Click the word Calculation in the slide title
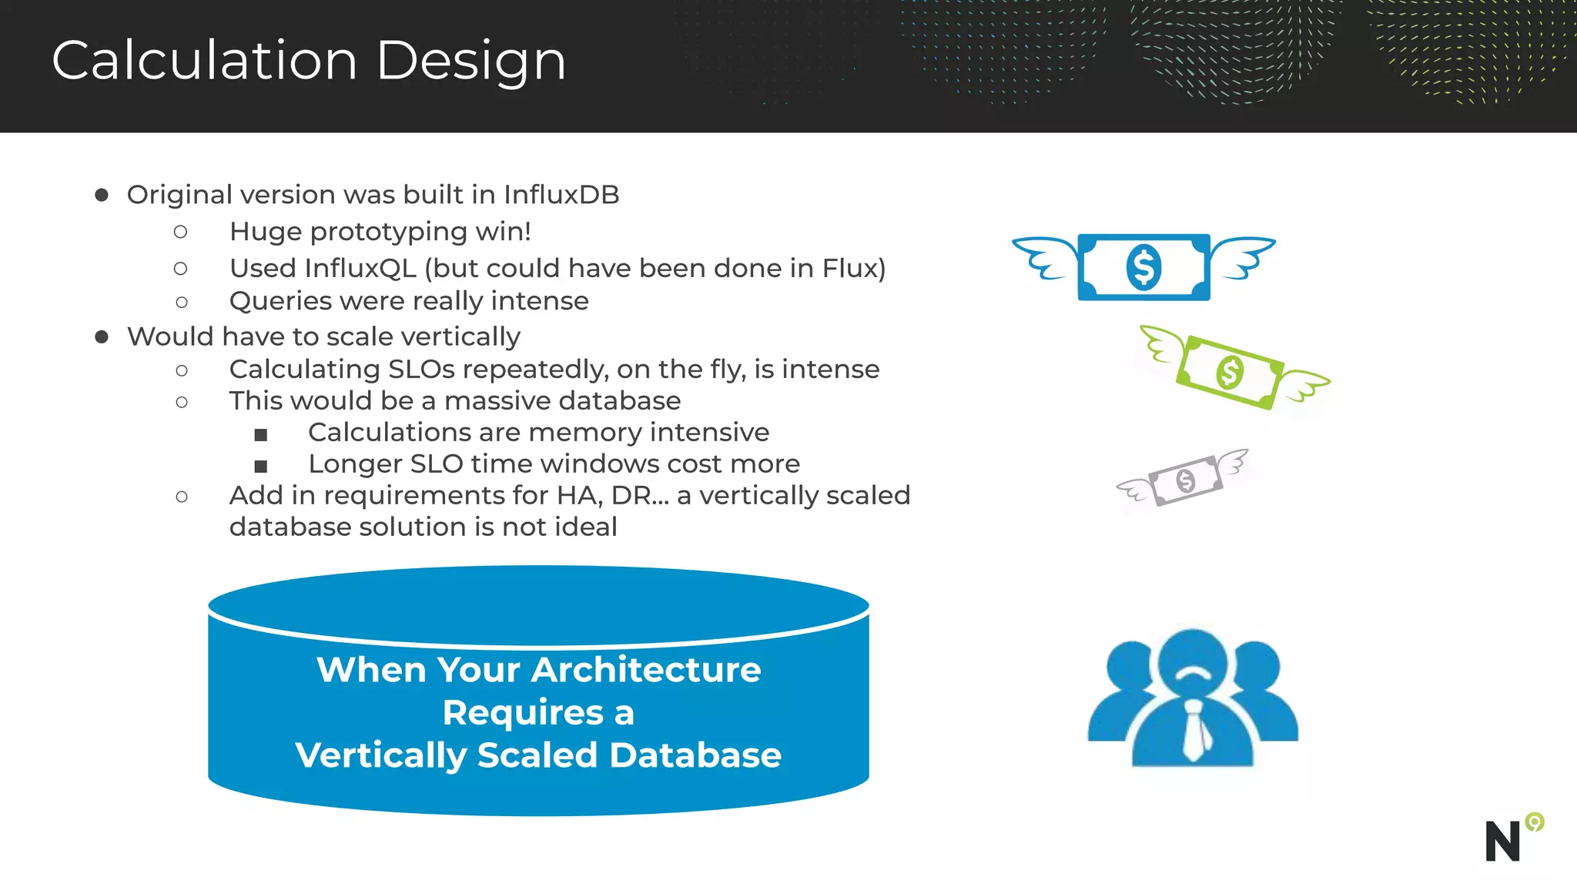204,60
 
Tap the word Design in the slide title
471,62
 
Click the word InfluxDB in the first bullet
561,195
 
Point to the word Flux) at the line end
853,268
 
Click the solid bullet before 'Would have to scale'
102,337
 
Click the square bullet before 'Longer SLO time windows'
261,466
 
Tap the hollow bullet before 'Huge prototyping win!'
181,232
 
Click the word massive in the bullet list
497,401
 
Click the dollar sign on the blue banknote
1143,267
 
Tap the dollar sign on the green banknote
1230,372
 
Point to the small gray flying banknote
1184,480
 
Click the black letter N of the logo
1502,841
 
